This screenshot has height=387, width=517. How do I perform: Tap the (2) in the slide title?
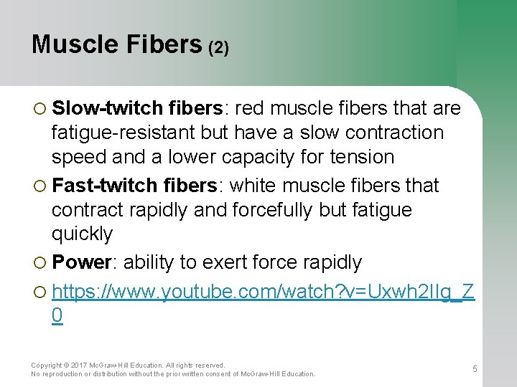[x=218, y=47]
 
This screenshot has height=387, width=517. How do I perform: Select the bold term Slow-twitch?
[x=108, y=108]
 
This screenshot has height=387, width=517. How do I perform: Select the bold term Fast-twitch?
[x=108, y=185]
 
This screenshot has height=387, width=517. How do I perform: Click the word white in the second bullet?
[x=256, y=185]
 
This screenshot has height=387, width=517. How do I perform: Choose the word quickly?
[x=82, y=234]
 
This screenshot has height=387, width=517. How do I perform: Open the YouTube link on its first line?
[x=263, y=290]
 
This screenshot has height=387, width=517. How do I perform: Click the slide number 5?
[x=475, y=368]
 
